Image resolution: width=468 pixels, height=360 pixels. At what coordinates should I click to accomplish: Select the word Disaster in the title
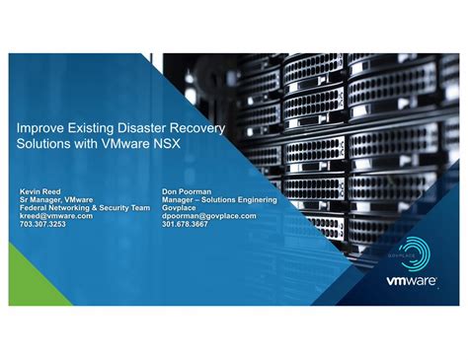147,129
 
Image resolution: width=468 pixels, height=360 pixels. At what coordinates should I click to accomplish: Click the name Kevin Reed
40,191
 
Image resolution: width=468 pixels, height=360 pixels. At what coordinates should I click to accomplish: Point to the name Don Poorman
185,191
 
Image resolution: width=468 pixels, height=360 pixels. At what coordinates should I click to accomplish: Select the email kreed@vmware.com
56,216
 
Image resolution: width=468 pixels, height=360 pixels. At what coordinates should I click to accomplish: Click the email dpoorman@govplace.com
208,216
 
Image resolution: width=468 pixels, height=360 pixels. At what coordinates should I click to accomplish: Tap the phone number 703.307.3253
43,224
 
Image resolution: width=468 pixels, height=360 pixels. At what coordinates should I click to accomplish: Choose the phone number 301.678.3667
185,224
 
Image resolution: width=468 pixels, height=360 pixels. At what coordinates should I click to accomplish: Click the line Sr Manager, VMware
56,199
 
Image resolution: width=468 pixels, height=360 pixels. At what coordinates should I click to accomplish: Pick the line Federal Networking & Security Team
85,208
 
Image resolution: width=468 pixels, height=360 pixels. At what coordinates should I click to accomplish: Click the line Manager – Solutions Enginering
219,199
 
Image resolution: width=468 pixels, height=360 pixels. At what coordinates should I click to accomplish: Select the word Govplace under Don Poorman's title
181,208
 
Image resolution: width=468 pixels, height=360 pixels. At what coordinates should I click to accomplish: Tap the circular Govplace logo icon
413,252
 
